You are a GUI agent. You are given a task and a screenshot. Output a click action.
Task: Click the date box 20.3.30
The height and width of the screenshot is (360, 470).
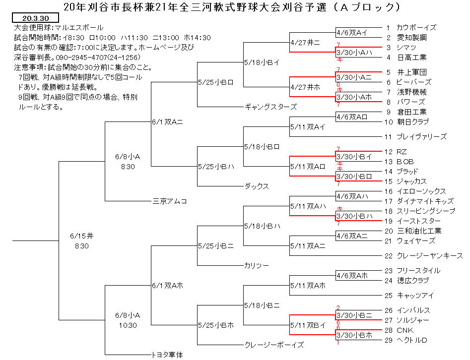35,18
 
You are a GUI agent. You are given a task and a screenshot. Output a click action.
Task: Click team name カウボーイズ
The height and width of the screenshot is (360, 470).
416,28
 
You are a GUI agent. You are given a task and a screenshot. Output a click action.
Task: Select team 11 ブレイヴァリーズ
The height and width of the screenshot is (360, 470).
415,137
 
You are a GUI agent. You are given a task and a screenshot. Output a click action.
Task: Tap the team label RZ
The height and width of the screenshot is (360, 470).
402,152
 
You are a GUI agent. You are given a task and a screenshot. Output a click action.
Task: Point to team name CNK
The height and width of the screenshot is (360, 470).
405,330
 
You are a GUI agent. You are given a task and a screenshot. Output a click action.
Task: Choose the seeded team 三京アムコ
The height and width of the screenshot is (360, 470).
170,201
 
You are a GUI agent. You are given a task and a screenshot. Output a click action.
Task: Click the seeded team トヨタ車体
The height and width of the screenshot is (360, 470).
167,355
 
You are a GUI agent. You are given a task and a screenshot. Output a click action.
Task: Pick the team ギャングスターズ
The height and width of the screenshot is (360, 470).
270,107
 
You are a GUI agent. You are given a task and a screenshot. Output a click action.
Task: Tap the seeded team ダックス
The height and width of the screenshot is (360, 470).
257,186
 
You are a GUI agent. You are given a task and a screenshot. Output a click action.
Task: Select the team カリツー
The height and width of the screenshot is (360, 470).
257,265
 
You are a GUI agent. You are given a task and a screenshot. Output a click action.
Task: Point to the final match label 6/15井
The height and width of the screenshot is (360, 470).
81,236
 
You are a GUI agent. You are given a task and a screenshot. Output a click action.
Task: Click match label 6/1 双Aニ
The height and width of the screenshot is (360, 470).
167,122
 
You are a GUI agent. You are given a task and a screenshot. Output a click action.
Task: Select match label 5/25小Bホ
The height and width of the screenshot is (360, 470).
216,325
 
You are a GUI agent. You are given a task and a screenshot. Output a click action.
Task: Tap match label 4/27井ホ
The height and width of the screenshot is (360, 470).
305,87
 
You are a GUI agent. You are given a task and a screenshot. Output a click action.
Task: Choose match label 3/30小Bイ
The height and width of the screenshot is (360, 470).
354,157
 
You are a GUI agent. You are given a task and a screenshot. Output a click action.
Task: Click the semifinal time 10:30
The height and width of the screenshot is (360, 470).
128,325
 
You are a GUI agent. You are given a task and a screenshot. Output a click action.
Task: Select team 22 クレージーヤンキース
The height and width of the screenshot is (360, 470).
423,256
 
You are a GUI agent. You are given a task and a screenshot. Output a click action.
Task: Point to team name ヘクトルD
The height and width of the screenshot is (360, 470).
411,340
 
